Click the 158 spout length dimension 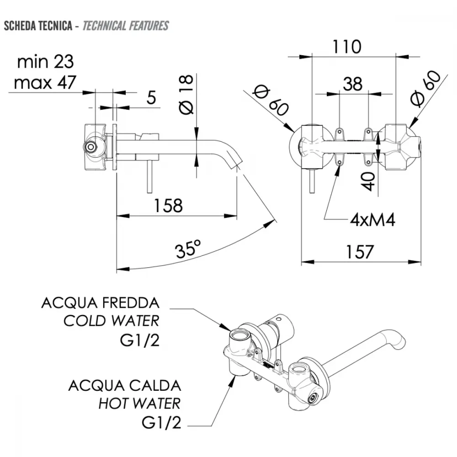(x=168, y=206)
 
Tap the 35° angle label (x=188, y=249)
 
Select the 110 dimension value (x=347, y=47)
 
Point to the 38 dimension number (x=353, y=84)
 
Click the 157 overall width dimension (x=360, y=252)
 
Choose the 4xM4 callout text (x=373, y=220)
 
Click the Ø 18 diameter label (x=186, y=95)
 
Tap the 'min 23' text (x=45, y=62)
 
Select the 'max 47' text (x=45, y=82)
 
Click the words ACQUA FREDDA (x=101, y=303)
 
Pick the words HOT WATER (x=139, y=404)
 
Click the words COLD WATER (x=112, y=321)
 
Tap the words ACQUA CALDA (x=125, y=386)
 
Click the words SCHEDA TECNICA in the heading (x=38, y=26)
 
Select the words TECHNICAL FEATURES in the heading (x=126, y=26)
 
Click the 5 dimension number (x=151, y=98)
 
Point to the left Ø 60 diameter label (x=271, y=100)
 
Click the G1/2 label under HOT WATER (x=161, y=422)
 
